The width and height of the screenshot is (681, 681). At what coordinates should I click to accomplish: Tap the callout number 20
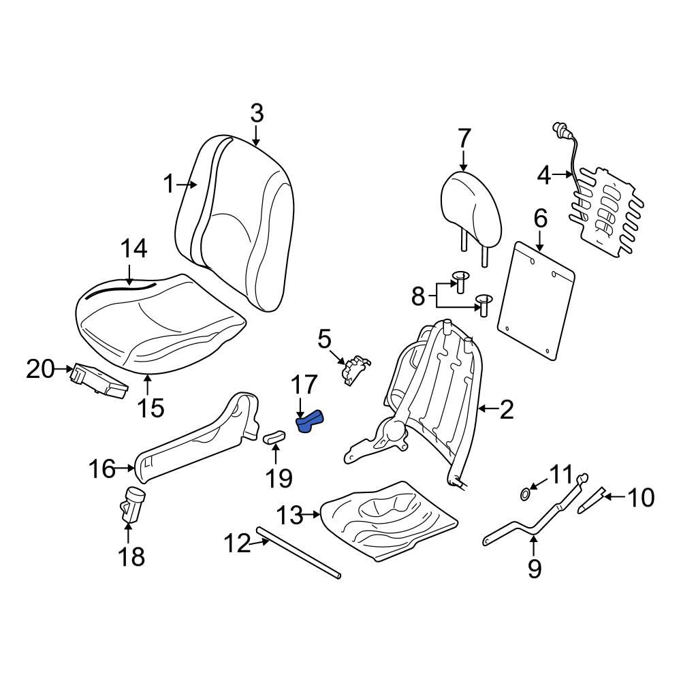pos(39,370)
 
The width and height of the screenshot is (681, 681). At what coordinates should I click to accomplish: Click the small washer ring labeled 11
pos(526,492)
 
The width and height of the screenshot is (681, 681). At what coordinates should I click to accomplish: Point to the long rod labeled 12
pos(300,553)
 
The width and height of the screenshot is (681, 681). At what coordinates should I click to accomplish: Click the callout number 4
pos(543,176)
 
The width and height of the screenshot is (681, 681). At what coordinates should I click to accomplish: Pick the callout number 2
pos(507,409)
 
